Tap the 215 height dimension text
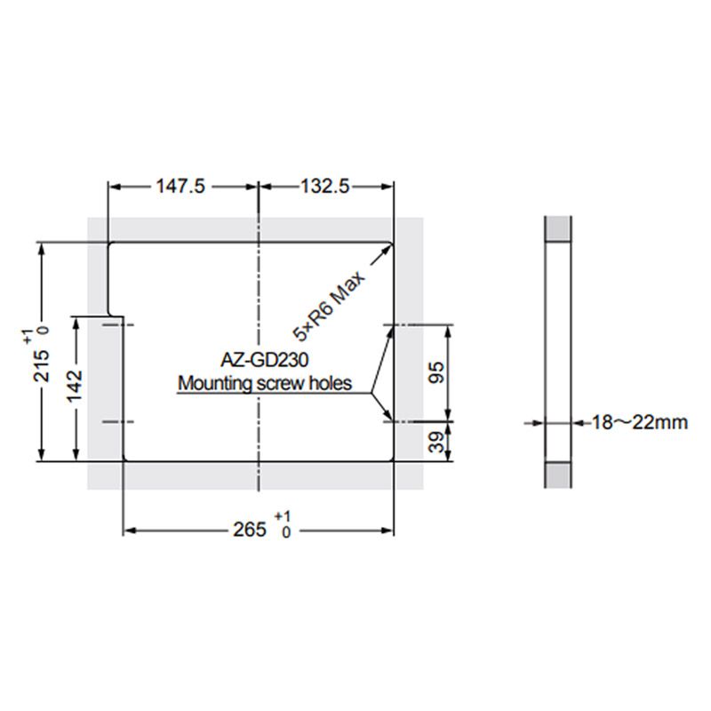41,364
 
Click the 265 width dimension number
249,530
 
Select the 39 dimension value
435,442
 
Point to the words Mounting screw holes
265,385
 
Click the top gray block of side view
557,229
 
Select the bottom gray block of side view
557,475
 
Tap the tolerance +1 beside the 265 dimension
283,517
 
